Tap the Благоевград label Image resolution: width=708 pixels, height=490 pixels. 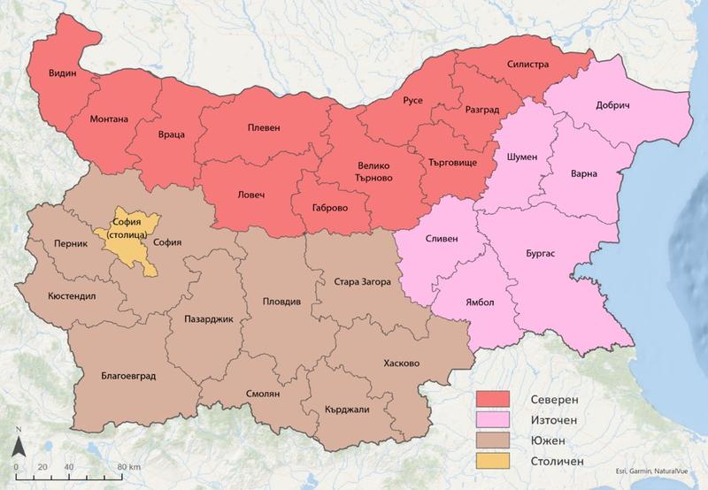click(x=128, y=376)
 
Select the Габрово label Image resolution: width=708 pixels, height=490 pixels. click(x=330, y=209)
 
